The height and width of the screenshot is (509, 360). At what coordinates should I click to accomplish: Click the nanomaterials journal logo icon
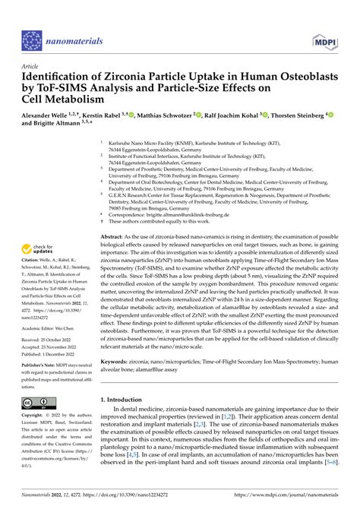pos(30,40)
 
